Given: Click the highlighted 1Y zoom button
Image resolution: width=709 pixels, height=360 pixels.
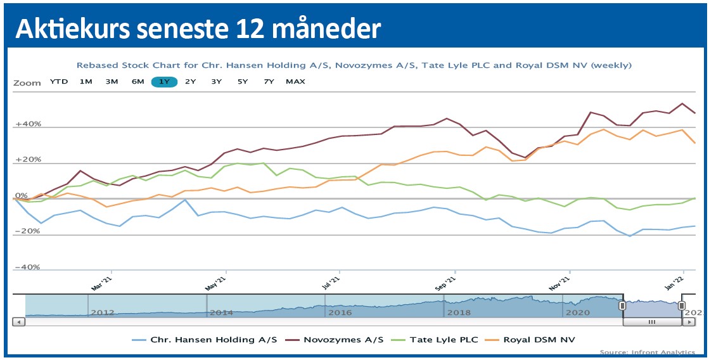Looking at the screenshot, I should point(164,82).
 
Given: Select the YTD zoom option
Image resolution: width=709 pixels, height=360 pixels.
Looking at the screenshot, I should point(59,82).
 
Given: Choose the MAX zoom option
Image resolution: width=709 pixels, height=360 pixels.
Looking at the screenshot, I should point(295,82).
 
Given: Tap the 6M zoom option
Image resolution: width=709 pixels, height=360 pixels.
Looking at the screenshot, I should point(138,82).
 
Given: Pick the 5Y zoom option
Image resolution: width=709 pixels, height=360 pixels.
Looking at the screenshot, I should point(243,82).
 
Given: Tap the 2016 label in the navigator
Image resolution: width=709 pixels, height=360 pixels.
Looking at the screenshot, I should point(340,312).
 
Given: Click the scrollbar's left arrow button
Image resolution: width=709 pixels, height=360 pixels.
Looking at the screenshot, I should point(19,322).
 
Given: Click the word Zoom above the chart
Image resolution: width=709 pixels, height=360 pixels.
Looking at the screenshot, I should point(27,82).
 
